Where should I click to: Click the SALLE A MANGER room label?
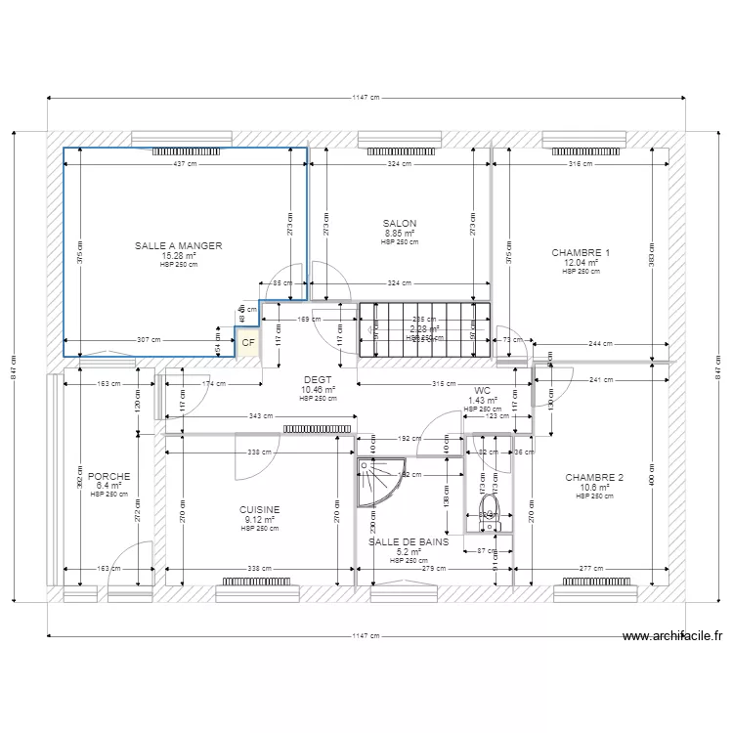[x=179, y=246]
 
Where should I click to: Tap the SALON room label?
[x=400, y=224]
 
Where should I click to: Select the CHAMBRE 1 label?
[x=580, y=252]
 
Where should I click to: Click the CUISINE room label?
[x=260, y=509]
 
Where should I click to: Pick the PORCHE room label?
[x=108, y=477]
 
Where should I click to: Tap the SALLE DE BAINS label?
[x=409, y=540]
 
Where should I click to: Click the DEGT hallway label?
[x=319, y=380]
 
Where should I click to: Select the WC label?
[x=482, y=390]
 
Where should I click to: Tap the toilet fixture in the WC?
[x=490, y=510]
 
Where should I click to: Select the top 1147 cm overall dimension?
[x=366, y=99]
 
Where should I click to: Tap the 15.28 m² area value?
[x=179, y=256]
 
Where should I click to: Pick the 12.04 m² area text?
[x=580, y=262]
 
